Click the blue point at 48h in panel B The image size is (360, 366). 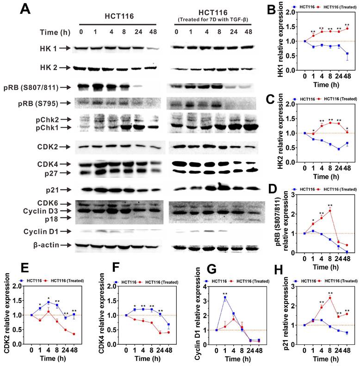tap(347, 54)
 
